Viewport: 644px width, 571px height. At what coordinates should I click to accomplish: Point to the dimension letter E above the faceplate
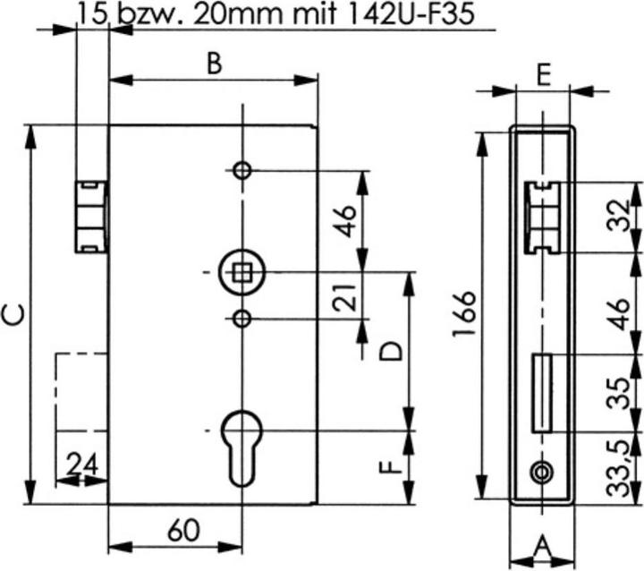tap(542, 74)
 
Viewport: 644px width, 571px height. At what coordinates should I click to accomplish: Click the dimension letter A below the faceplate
tap(542, 544)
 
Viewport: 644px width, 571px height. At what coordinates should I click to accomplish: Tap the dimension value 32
tap(617, 217)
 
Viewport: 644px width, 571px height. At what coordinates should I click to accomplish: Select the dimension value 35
tap(617, 393)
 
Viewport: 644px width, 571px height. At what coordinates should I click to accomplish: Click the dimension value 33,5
tap(617, 467)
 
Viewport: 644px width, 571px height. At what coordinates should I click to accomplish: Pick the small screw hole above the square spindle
tap(241, 171)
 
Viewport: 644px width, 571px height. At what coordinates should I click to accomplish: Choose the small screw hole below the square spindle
tap(241, 318)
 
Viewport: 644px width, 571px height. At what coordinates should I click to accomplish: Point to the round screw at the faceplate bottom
tap(540, 472)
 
